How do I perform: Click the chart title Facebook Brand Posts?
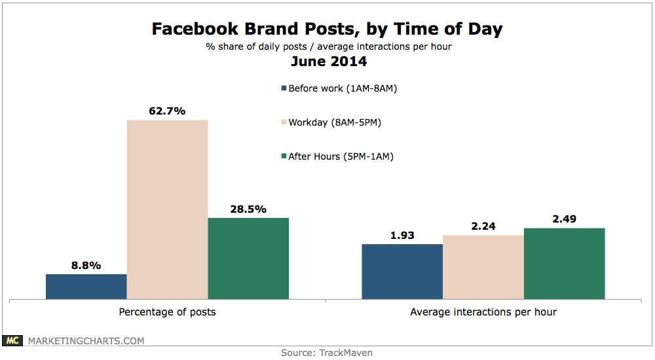click(327, 29)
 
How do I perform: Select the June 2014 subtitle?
click(327, 62)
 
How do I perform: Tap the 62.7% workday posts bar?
click(167, 209)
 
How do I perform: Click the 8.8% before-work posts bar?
click(86, 287)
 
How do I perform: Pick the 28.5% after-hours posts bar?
click(248, 259)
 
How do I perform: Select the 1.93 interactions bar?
click(402, 272)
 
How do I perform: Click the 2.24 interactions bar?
click(483, 267)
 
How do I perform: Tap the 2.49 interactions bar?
click(565, 264)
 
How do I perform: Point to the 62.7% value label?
click(167, 111)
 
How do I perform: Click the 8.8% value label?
click(86, 265)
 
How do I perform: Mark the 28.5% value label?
click(248, 209)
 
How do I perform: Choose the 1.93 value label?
click(402, 235)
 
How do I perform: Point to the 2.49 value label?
click(565, 219)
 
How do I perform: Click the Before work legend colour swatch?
click(284, 88)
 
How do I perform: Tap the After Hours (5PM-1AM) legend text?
click(341, 156)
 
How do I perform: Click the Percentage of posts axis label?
click(167, 312)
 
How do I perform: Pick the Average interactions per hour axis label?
click(483, 312)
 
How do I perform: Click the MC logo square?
click(14, 341)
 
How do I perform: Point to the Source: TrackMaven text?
click(327, 353)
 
